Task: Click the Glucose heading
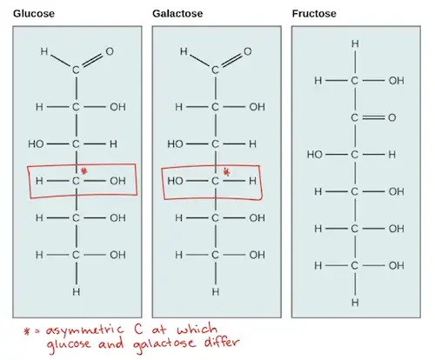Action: [x=34, y=14]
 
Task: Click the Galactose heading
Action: [x=177, y=14]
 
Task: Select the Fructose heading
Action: [x=314, y=14]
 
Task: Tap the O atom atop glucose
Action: [x=110, y=51]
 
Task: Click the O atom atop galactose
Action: [x=248, y=51]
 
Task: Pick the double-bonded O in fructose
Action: [x=392, y=117]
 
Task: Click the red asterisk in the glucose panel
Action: [x=84, y=171]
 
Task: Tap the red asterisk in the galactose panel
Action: [x=227, y=173]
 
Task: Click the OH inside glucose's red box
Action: [x=117, y=181]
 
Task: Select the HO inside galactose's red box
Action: [x=175, y=181]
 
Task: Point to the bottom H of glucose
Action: [x=77, y=292]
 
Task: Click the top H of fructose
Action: [x=355, y=43]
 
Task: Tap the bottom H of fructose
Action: [x=355, y=303]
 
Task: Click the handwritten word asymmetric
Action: [x=84, y=330]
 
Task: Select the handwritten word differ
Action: [x=222, y=343]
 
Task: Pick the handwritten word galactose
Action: [x=164, y=345]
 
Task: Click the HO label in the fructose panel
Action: [x=315, y=155]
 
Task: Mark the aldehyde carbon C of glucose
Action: [x=76, y=70]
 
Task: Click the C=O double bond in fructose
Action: [x=373, y=117]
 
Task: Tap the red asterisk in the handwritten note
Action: [x=27, y=331]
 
